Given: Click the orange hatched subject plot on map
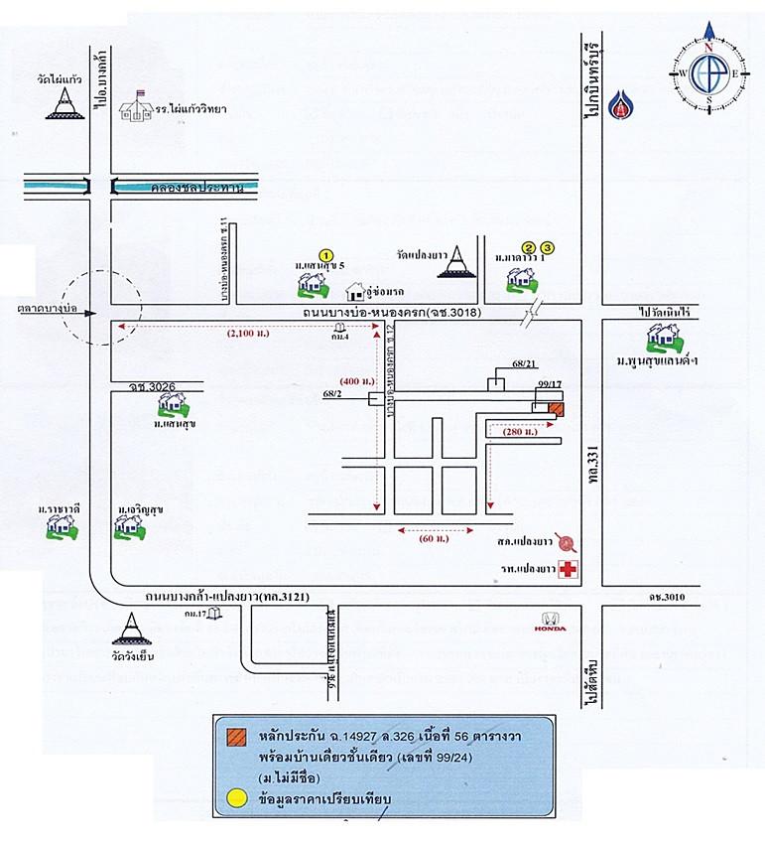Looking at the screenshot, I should click(x=557, y=408).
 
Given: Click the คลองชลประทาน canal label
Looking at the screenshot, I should click(x=185, y=186).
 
